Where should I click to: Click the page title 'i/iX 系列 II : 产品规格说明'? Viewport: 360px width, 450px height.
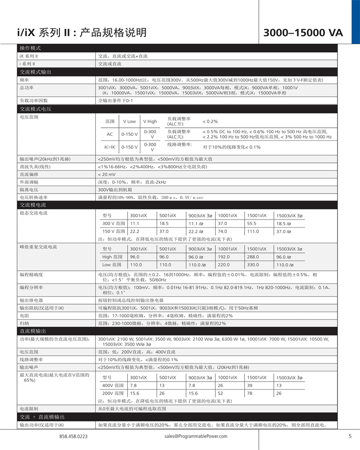point(81,32)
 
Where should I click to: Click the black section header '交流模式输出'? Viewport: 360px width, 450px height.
point(35,72)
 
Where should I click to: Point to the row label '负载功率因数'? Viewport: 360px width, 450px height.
point(33,100)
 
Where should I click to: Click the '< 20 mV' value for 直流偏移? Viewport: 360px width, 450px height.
point(107,174)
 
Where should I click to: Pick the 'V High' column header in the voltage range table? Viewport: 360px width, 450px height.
point(150,121)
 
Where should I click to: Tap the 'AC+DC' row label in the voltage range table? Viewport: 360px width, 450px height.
point(110,147)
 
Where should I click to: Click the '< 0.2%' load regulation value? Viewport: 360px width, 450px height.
point(210,121)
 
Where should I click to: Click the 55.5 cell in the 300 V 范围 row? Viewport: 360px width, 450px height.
point(252,223)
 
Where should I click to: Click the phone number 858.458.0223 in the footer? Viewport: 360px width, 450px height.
point(73,436)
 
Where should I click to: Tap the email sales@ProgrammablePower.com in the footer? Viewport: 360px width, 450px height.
point(196,436)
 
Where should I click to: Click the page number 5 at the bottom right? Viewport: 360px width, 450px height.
point(350,436)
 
